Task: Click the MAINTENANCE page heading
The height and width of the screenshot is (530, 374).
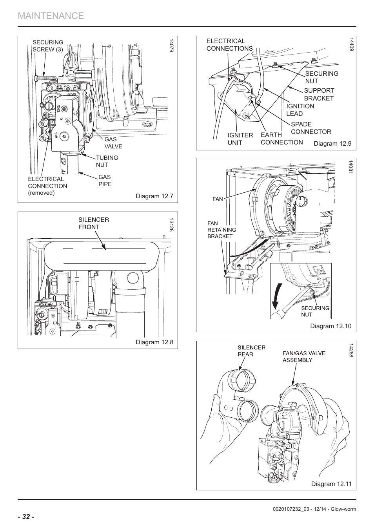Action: click(51, 16)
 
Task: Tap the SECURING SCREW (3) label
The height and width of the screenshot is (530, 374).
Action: click(47, 46)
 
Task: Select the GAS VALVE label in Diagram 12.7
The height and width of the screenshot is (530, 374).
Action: click(113, 143)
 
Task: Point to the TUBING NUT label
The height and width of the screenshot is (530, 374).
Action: click(107, 161)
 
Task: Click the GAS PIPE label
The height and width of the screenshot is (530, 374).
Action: click(105, 181)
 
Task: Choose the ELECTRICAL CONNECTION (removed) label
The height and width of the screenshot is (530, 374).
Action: click(47, 186)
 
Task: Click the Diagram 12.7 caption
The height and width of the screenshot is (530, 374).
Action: click(154, 196)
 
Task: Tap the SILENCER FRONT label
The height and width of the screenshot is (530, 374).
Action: click(93, 223)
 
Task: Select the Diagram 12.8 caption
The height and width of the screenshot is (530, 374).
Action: click(154, 342)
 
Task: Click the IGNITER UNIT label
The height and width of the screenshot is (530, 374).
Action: click(240, 139)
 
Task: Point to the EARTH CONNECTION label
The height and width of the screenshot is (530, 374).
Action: click(281, 139)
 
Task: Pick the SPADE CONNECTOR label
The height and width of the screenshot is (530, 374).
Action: click(310, 128)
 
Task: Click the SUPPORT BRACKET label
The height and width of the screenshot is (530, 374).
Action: click(319, 94)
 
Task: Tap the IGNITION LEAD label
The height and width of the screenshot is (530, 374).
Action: click(300, 110)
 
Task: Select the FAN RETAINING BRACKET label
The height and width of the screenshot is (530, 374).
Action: click(221, 230)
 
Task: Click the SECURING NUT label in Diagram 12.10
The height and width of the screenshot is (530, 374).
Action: click(315, 311)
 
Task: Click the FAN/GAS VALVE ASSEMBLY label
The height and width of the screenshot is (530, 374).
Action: click(304, 356)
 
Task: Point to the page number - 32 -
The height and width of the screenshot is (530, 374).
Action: click(26, 517)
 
